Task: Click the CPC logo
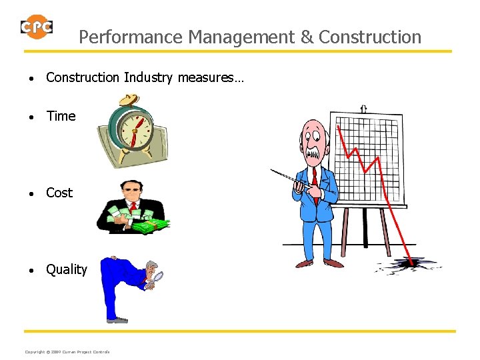point(37,27)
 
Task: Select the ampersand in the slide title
point(307,37)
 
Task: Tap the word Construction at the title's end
point(370,37)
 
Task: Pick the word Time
point(61,116)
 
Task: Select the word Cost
point(59,193)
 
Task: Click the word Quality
point(66,269)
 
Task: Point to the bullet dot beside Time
point(32,117)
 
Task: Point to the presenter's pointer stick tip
point(272,170)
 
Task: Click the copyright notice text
point(67,351)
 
